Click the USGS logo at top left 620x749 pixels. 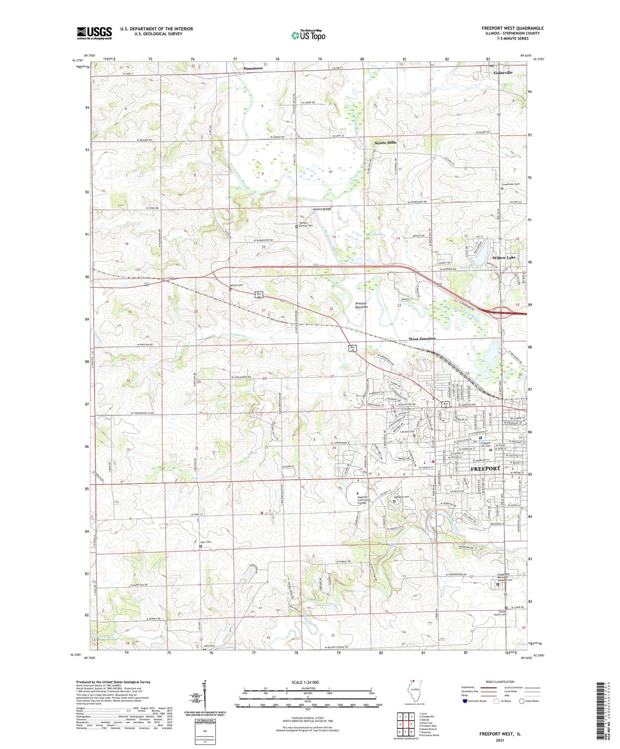(94, 33)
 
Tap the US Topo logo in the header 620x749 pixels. (308, 35)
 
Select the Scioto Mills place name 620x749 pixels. (385, 142)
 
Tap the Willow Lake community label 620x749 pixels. (504, 258)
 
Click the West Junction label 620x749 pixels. (422, 338)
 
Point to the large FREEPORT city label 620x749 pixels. (485, 468)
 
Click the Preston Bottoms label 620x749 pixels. (361, 305)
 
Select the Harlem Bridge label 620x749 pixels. (321, 209)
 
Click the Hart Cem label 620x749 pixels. (206, 542)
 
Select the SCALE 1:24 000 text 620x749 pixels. (305, 682)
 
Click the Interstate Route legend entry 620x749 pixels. (477, 701)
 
